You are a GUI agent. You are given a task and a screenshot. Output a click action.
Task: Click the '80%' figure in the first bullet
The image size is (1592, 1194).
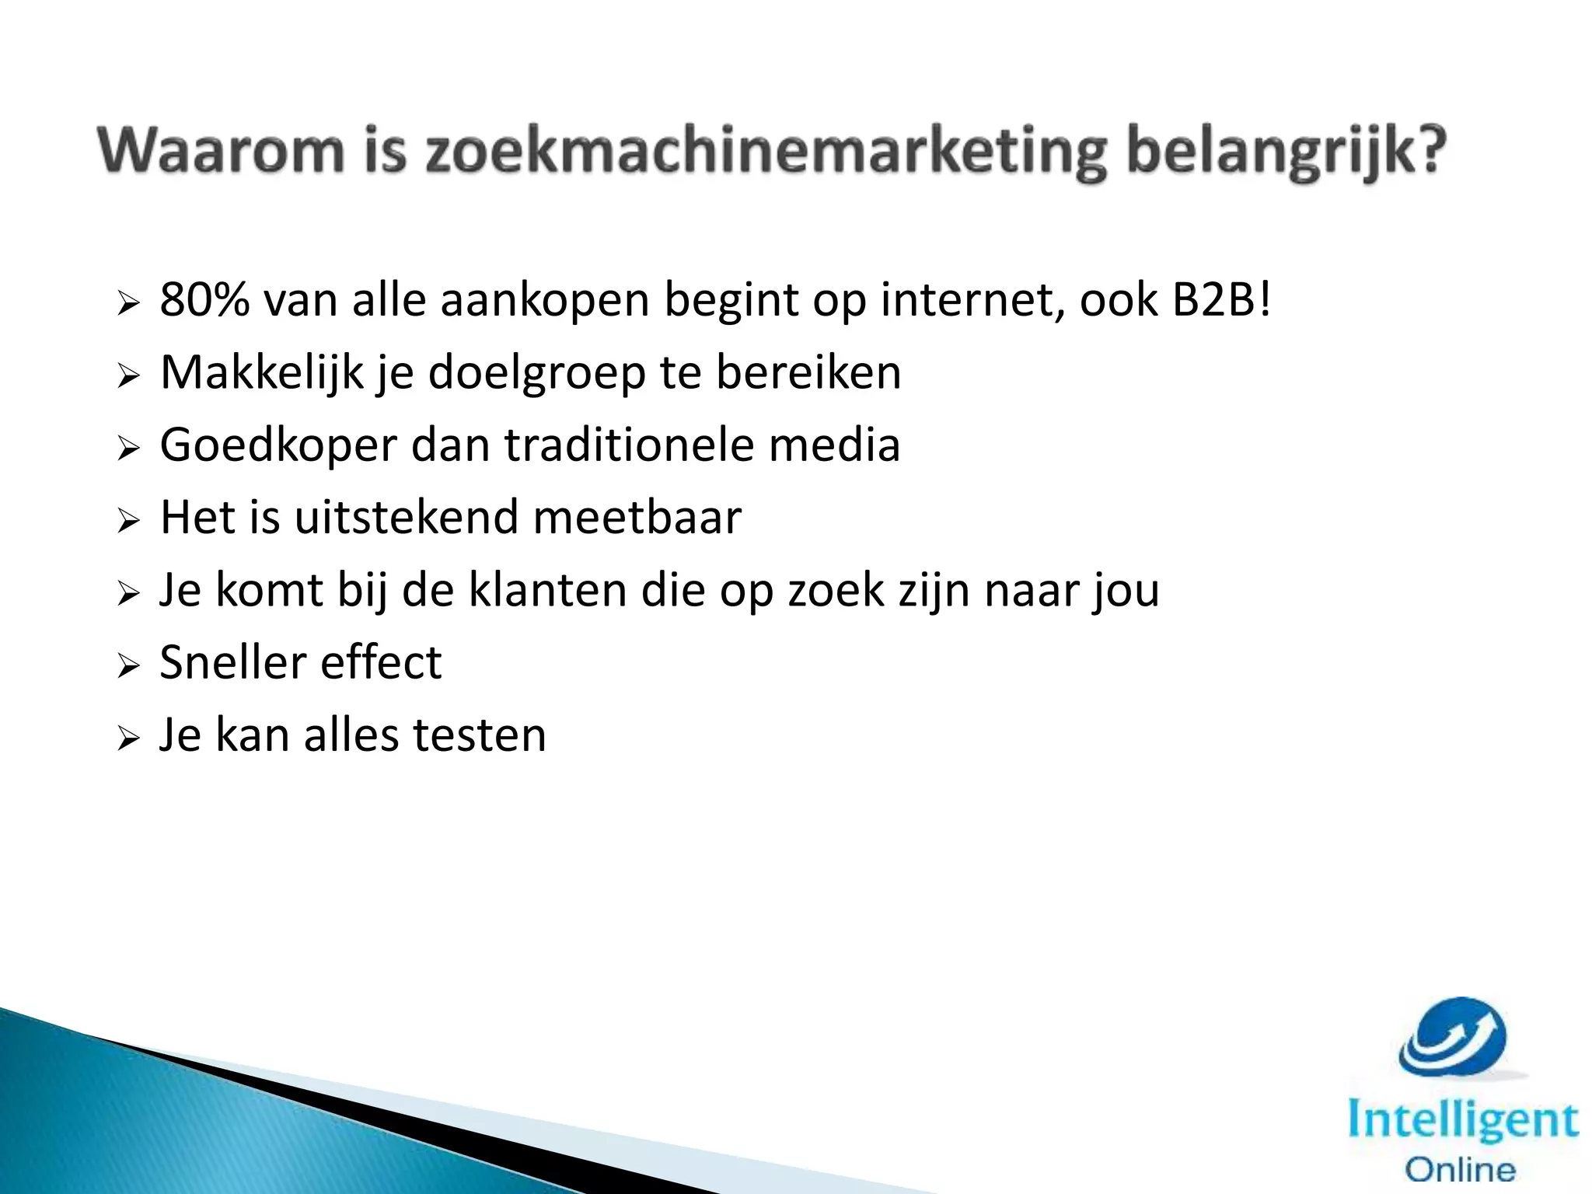point(204,300)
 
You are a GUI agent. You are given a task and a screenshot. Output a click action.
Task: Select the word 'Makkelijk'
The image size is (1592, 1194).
point(262,372)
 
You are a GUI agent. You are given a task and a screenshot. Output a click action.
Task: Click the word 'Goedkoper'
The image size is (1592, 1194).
point(278,446)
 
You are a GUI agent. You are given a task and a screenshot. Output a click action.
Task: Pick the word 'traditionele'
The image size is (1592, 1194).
point(629,445)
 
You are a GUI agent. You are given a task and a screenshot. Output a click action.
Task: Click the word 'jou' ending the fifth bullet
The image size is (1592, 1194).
point(1125,592)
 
